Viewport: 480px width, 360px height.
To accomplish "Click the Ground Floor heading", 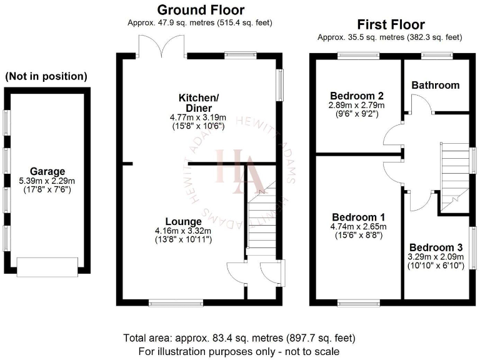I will tap(201, 10).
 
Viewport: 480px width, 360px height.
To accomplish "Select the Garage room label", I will tap(47, 171).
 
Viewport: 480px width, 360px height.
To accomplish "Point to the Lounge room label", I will tap(183, 221).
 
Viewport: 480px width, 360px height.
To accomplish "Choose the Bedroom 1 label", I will tap(355, 217).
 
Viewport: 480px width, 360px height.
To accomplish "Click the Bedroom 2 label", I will tap(357, 96).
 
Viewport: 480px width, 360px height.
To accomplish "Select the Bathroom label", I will tap(435, 85).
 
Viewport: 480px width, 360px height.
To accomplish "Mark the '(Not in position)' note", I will tap(46, 77).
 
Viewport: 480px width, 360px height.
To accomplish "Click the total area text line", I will tap(239, 338).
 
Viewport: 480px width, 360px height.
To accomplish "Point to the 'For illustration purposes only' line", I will tap(239, 351).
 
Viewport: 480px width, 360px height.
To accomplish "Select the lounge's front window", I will tap(167, 304).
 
